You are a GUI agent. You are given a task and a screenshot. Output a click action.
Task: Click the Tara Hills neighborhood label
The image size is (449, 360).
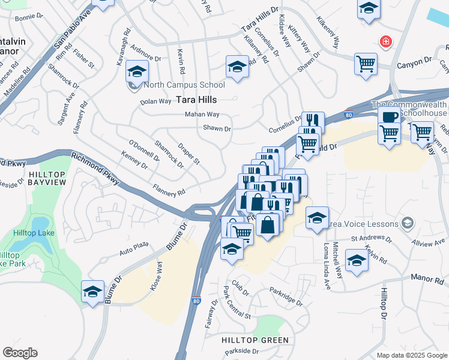point(196,100)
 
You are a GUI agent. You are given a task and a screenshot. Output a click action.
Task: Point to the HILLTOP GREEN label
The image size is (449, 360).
point(256,340)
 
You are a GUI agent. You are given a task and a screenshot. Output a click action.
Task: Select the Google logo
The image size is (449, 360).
point(20,353)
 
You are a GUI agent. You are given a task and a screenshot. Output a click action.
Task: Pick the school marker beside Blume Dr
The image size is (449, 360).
point(93,292)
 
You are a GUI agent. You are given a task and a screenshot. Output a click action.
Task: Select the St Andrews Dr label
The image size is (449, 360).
point(371,239)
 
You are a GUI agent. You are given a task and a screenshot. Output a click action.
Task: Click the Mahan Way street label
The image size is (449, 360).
point(202,114)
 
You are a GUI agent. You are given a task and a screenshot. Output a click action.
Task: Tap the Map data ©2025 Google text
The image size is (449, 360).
point(412,355)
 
